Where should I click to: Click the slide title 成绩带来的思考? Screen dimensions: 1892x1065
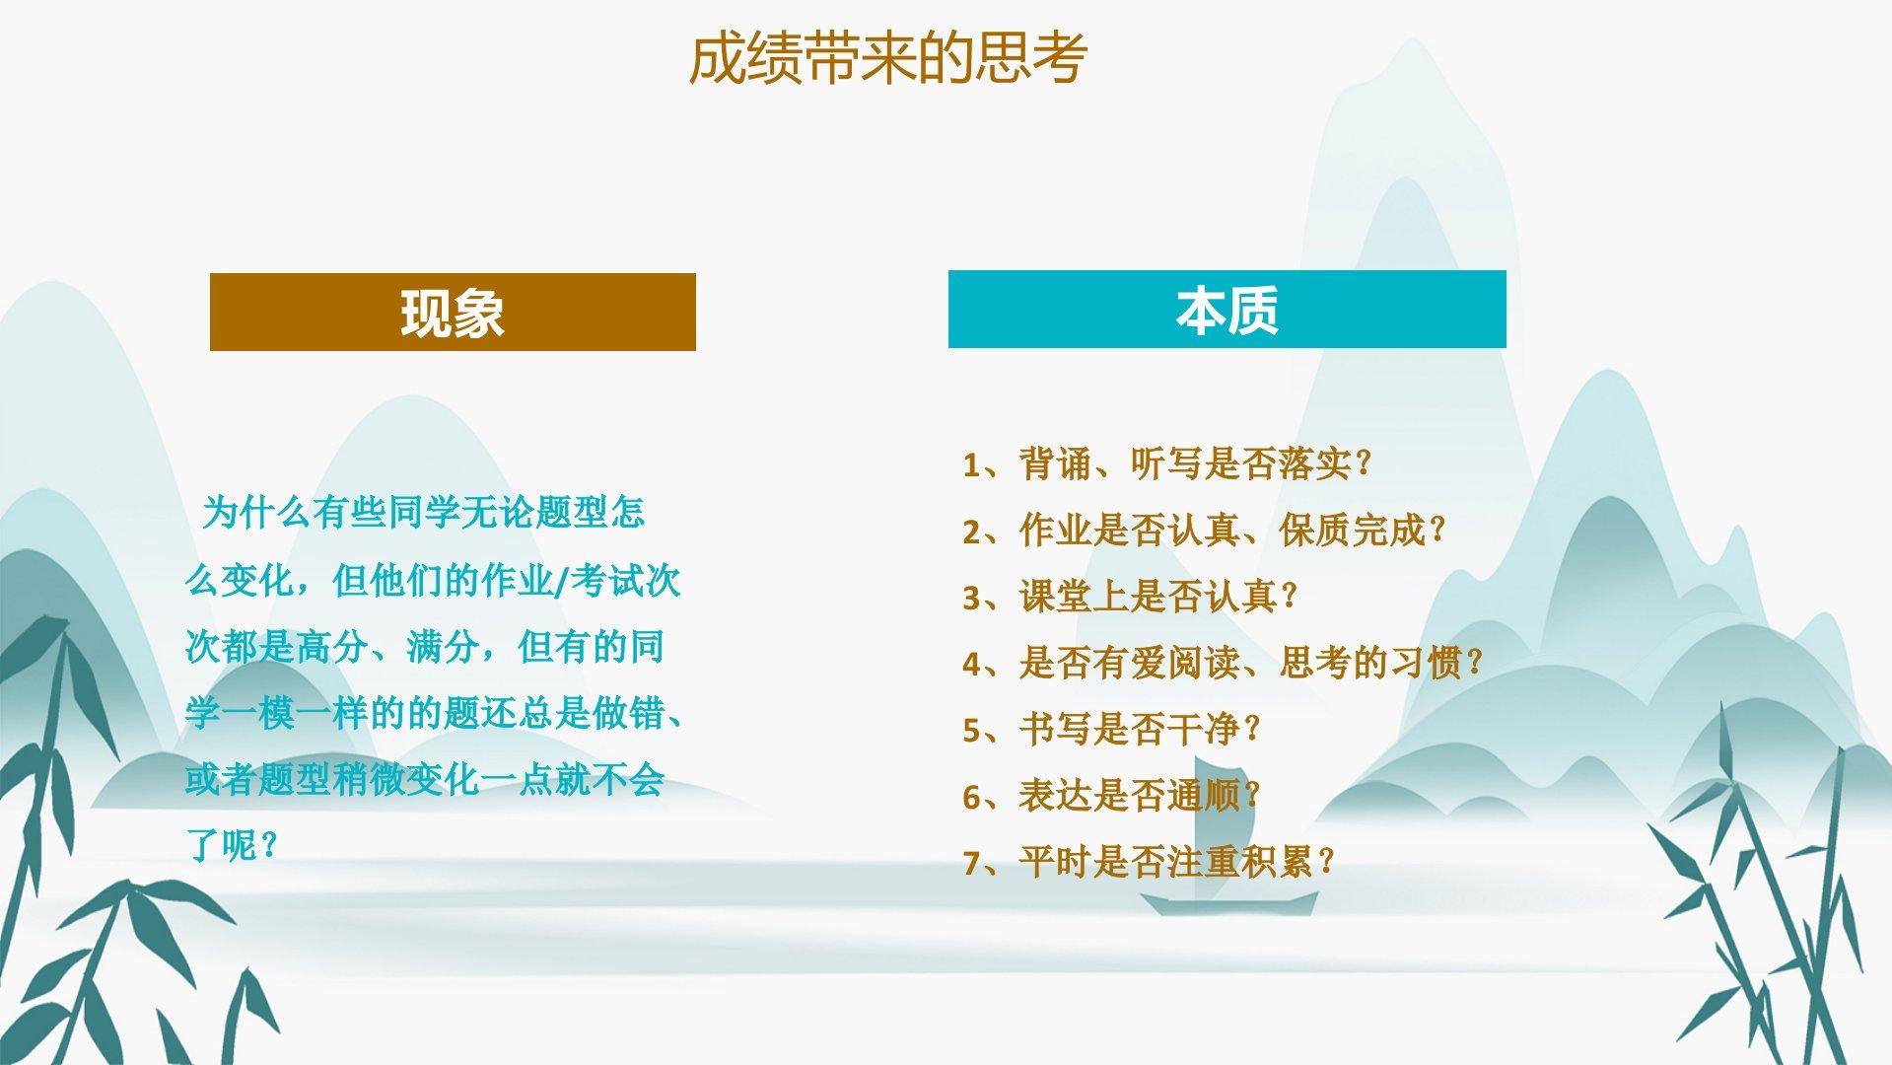click(887, 58)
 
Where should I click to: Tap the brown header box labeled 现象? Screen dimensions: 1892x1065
click(453, 312)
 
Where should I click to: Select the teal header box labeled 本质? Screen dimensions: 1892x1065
click(1226, 309)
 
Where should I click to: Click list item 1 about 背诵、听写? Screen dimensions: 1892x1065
click(1167, 463)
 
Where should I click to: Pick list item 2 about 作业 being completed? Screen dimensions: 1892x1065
click(1204, 531)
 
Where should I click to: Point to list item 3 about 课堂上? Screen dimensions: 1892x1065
click(1130, 597)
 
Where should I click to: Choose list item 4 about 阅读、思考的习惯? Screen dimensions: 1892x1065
click(1223, 663)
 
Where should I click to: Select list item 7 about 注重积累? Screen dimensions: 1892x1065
click(1149, 862)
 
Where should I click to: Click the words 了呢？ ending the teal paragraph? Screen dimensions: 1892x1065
click(233, 845)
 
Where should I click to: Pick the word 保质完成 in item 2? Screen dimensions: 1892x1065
click(1353, 531)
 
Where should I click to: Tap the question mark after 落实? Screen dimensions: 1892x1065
click(1364, 463)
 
